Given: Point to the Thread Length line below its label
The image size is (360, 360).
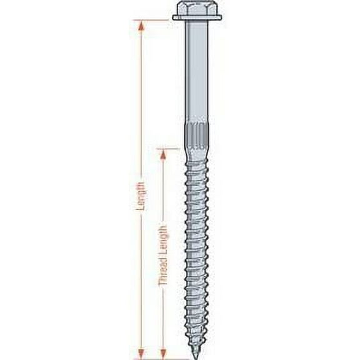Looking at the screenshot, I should tap(163, 319).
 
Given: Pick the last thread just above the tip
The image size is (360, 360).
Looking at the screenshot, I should tap(196, 334).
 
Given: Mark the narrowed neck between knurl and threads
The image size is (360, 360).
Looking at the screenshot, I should tap(196, 152).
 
